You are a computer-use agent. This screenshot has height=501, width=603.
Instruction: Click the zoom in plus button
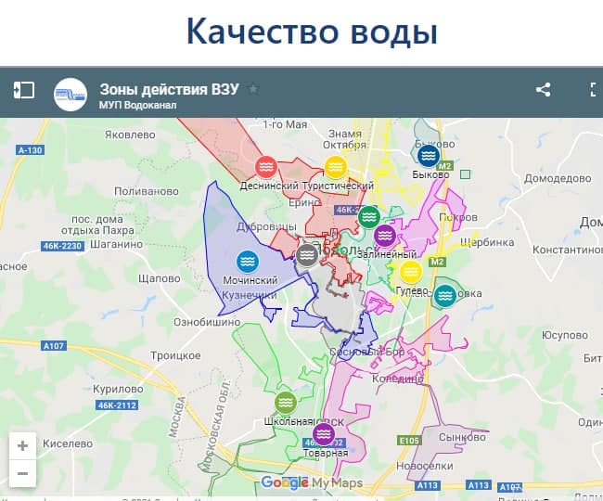(22, 445)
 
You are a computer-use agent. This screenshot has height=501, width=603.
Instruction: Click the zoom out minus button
(22, 474)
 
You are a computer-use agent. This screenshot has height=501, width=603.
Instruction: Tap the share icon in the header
(544, 90)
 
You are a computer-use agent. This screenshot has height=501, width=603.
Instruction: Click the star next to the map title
(253, 89)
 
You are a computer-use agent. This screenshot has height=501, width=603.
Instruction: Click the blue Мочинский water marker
(247, 262)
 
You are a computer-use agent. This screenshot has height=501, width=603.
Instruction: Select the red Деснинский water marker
(266, 167)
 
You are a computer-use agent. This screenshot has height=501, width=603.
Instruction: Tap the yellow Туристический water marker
(336, 167)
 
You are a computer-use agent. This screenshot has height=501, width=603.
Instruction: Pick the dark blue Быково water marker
(428, 155)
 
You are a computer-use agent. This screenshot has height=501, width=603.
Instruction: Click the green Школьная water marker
(285, 402)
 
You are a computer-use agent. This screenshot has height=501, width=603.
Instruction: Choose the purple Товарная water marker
(323, 434)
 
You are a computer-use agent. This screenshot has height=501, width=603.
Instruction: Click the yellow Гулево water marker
(411, 272)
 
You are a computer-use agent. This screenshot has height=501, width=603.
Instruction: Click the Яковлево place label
(129, 135)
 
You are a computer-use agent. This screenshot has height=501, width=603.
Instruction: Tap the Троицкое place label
(176, 355)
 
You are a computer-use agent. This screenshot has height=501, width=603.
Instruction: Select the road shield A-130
(30, 150)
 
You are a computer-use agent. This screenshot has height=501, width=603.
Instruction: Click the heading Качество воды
(311, 31)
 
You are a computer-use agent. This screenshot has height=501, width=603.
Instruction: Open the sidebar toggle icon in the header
(23, 90)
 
